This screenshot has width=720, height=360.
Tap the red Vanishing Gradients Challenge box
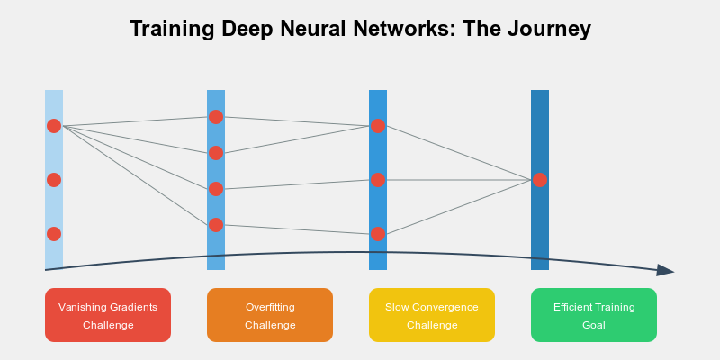tap(108, 315)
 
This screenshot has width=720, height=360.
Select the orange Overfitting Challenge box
tap(270, 315)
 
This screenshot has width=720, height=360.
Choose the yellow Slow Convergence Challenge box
tap(432, 315)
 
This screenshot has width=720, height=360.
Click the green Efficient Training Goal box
tap(594, 315)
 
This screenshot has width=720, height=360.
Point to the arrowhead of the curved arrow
tap(666, 270)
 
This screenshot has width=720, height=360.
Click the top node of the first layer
tap(54, 126)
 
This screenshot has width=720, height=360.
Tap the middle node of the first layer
tap(54, 180)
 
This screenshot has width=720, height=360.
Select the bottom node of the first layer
tap(54, 234)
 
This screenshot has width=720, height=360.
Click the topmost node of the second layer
tap(216, 117)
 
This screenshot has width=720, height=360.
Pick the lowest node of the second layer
tap(216, 225)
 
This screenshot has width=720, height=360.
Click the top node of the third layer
tap(378, 126)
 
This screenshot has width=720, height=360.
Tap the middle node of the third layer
tap(378, 180)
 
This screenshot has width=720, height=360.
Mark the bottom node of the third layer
tap(378, 234)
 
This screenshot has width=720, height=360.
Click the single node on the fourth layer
tap(540, 180)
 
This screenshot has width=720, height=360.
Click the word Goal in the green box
tap(594, 325)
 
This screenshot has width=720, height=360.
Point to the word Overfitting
tap(270, 307)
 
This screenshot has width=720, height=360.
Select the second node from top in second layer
tap(216, 153)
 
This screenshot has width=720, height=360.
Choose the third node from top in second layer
tap(216, 189)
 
